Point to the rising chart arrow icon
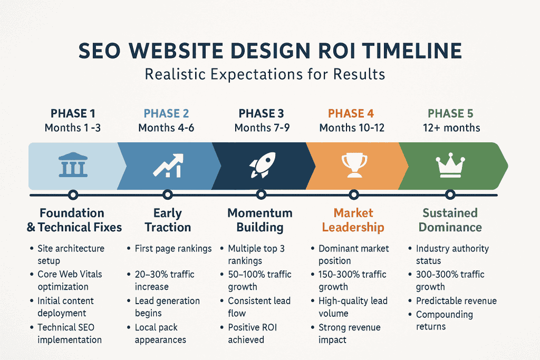(168, 165)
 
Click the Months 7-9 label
(262, 128)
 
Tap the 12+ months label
(452, 128)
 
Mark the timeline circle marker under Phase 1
(73, 195)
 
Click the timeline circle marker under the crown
(450, 195)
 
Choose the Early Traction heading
(168, 220)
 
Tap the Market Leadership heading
(353, 220)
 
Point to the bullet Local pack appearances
(160, 334)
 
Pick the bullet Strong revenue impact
(349, 334)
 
